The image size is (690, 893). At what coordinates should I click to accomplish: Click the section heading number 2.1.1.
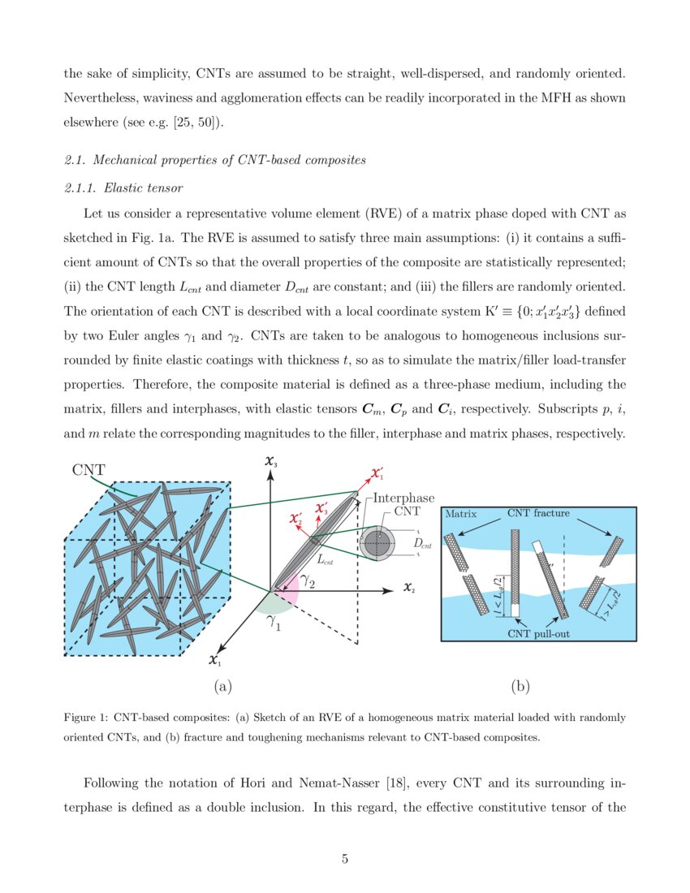tap(80, 188)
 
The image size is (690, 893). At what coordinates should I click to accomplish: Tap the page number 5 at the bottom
tap(345, 859)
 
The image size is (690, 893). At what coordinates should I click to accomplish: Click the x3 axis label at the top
tap(271, 463)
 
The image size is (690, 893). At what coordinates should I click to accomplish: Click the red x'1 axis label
tap(377, 472)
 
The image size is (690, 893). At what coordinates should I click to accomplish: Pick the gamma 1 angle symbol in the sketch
tap(274, 623)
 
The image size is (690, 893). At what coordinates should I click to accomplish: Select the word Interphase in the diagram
tap(403, 498)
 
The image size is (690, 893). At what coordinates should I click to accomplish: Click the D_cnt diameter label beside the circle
tap(423, 543)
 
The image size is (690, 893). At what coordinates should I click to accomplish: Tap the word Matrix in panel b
tap(460, 514)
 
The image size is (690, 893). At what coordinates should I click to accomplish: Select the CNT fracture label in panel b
tap(538, 513)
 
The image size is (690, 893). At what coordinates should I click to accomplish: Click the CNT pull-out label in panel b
tap(538, 633)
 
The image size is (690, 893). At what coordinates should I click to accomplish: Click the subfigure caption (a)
tap(222, 687)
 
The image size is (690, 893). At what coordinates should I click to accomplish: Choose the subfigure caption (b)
tap(520, 687)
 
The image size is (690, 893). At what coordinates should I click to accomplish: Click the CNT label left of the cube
tap(88, 469)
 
